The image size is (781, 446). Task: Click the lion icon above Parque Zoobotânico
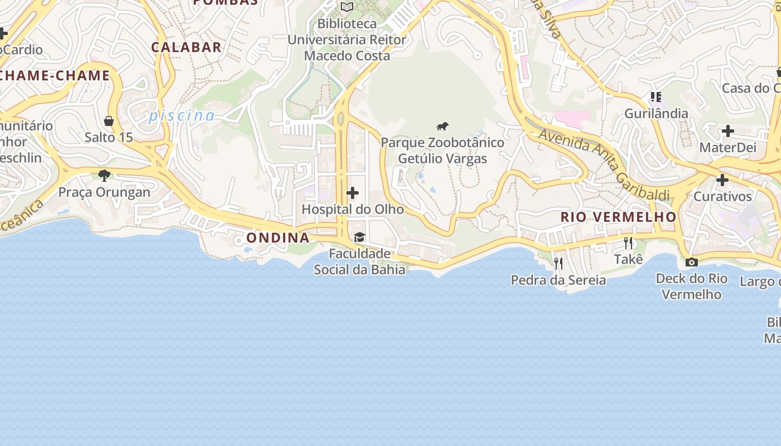(x=442, y=127)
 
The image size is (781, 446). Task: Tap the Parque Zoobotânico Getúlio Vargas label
(x=442, y=151)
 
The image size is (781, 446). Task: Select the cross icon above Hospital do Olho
(x=353, y=193)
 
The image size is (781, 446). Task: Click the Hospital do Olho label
(x=353, y=210)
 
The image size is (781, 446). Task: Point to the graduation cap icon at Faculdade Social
(x=359, y=237)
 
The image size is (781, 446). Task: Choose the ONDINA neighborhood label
(x=278, y=237)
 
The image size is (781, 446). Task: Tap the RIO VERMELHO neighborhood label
(x=618, y=217)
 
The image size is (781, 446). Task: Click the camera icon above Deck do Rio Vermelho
(x=692, y=262)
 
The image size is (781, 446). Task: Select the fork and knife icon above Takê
(x=628, y=243)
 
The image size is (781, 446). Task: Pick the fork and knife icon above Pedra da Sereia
(x=558, y=263)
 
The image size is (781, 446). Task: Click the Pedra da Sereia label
(x=558, y=280)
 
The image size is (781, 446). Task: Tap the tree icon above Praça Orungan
(x=104, y=176)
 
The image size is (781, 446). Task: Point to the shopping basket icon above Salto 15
(x=109, y=121)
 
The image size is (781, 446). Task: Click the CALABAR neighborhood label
(x=186, y=47)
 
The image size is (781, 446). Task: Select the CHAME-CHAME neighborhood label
(x=55, y=76)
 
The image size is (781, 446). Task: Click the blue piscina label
(x=182, y=116)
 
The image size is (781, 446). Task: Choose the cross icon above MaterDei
(x=727, y=132)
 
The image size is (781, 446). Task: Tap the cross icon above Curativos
(x=722, y=180)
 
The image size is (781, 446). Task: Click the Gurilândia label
(x=656, y=114)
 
